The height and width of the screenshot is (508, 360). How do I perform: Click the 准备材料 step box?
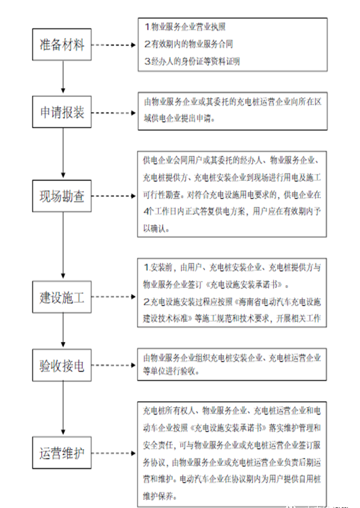62,45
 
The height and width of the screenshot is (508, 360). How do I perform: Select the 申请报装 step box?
62,112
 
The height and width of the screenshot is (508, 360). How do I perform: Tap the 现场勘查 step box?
62,196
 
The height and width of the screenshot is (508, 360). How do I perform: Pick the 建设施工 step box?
62,297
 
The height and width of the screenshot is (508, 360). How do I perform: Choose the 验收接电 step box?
62,365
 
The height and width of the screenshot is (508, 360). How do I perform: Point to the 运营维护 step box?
62,452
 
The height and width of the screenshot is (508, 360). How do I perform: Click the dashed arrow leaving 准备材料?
113,45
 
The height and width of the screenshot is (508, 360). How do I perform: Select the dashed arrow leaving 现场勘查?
113,196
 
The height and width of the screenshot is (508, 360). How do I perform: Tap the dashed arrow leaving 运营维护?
113,453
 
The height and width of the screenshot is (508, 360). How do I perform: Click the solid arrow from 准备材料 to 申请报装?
63,77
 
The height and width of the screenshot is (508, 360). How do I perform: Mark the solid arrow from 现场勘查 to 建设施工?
63,245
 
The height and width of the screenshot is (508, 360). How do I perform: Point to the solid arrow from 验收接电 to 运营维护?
63,408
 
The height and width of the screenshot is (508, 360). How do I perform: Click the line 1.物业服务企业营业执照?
185,27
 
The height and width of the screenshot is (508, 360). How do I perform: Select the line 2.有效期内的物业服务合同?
188,44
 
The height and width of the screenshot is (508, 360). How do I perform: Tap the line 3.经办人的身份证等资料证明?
192,61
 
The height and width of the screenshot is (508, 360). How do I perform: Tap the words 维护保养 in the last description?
158,496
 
